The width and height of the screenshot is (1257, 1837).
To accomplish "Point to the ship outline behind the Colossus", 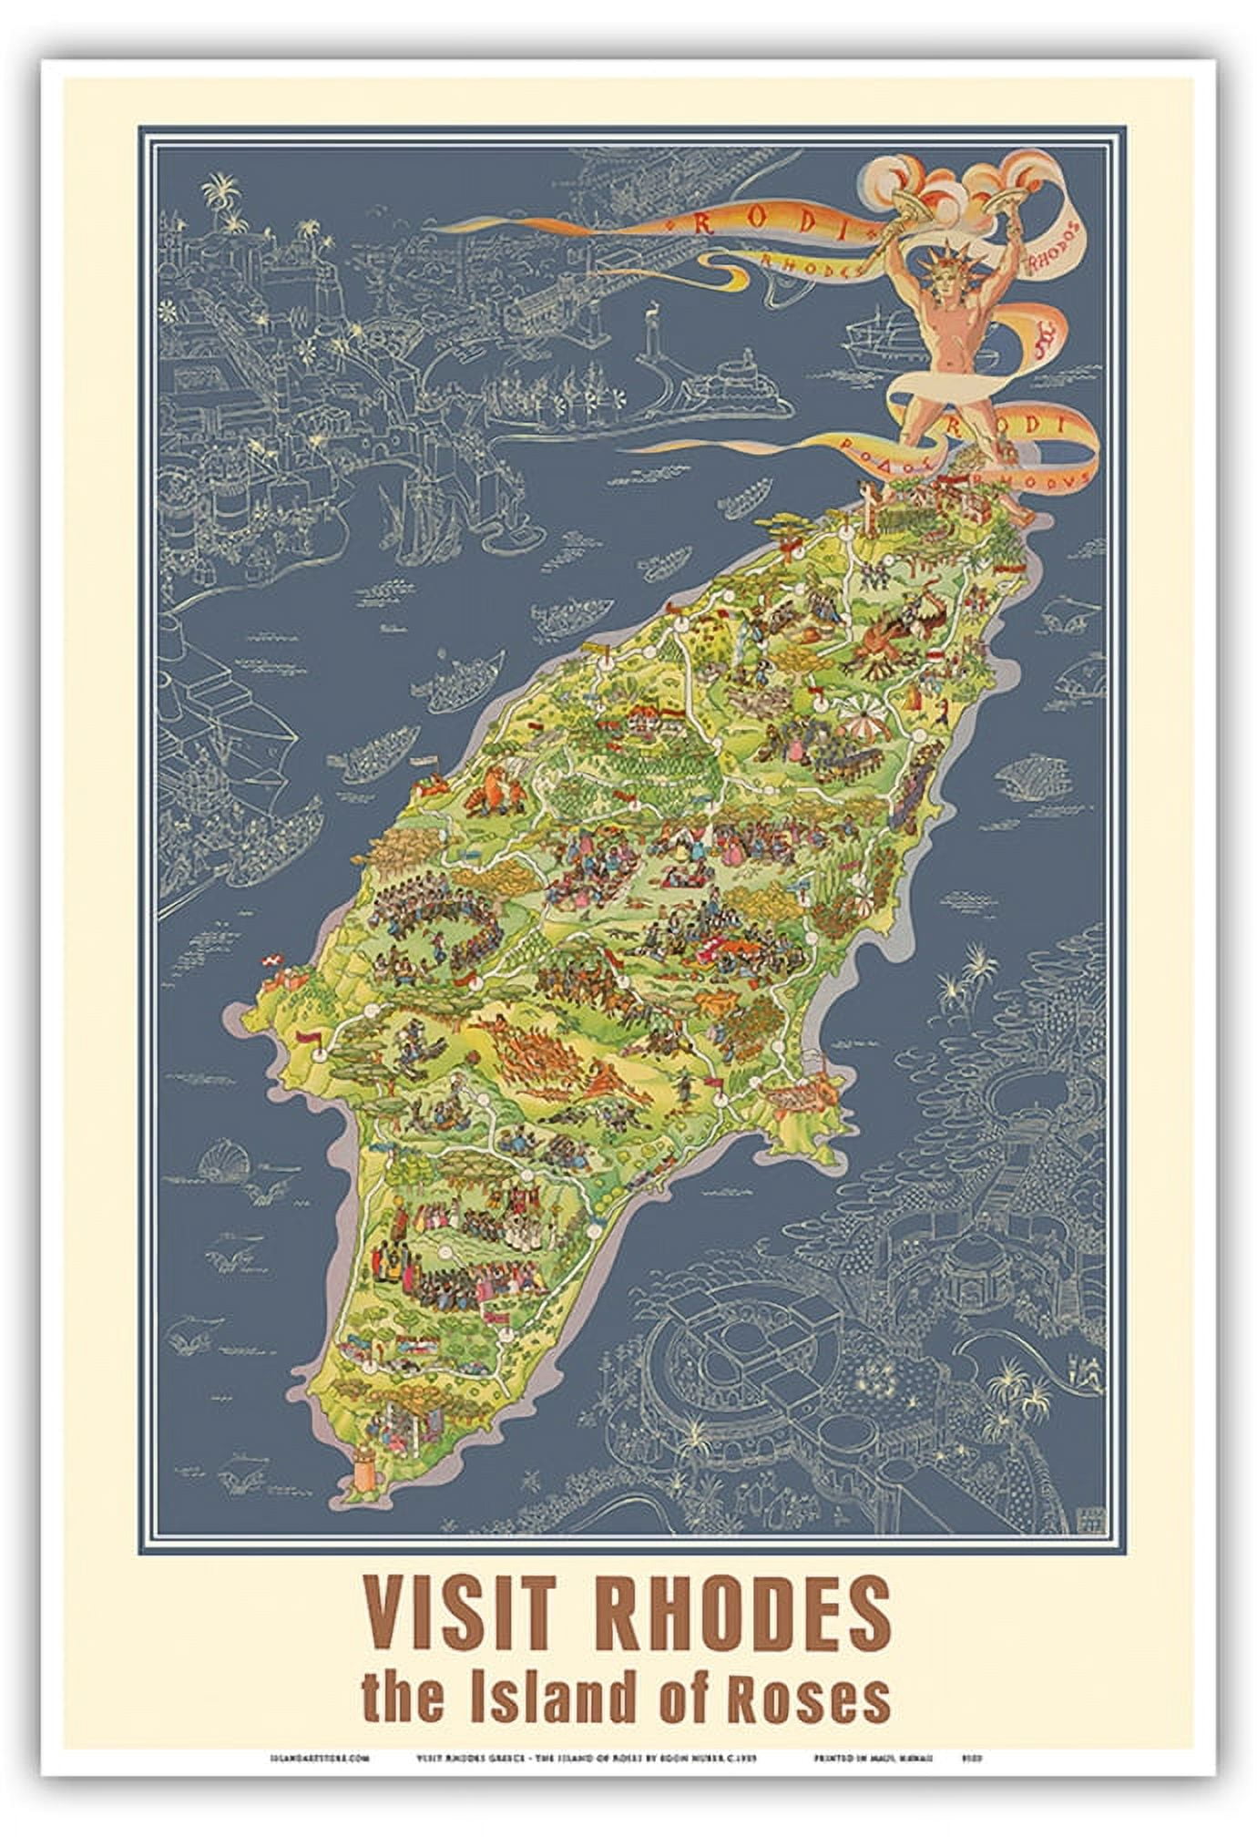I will pyautogui.click(x=879, y=339).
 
